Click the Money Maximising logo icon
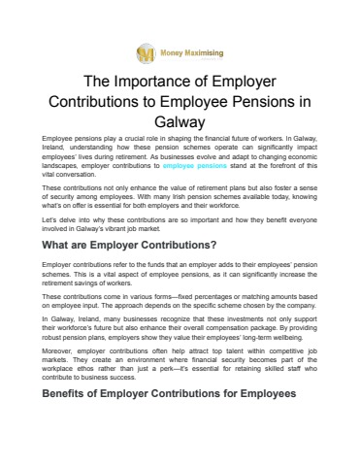147,50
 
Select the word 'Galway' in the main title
180,123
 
